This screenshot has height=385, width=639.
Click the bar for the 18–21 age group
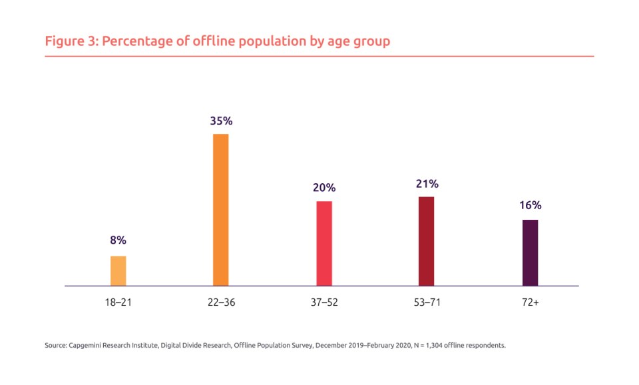click(x=118, y=270)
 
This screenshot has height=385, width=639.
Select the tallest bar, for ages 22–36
click(x=220, y=210)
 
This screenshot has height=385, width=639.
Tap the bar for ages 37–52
click(x=323, y=243)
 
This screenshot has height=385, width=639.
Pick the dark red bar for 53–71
click(x=426, y=241)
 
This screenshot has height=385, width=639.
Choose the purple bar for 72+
click(x=530, y=252)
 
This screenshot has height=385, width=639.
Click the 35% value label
click(x=220, y=121)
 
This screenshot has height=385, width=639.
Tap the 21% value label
click(x=427, y=183)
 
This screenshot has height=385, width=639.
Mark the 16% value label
click(x=530, y=205)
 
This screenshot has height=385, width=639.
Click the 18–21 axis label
click(x=118, y=302)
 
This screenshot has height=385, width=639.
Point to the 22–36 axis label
click(x=220, y=302)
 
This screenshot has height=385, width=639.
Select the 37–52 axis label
click(x=323, y=302)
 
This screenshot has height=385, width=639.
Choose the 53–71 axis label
click(x=426, y=302)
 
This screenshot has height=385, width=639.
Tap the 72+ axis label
click(x=530, y=302)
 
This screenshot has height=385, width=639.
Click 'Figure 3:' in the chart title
click(x=71, y=41)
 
